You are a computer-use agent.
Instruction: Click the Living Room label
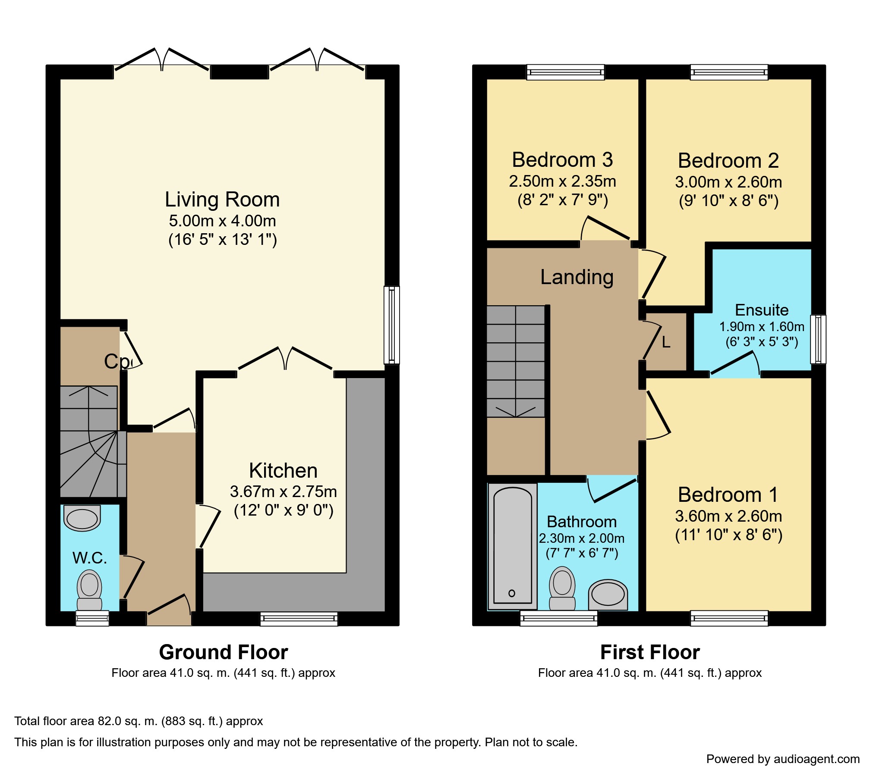pyautogui.click(x=222, y=200)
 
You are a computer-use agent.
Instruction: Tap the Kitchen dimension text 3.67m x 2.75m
pyautogui.click(x=283, y=491)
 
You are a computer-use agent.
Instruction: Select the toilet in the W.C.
pyautogui.click(x=89, y=590)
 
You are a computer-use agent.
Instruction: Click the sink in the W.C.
pyautogui.click(x=82, y=518)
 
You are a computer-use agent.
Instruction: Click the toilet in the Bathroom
pyautogui.click(x=562, y=588)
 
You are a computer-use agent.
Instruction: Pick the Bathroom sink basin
pyautogui.click(x=608, y=595)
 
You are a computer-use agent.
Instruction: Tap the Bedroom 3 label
pyautogui.click(x=562, y=160)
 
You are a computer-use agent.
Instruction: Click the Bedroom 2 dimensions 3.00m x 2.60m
pyautogui.click(x=728, y=182)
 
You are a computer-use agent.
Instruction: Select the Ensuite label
pyautogui.click(x=762, y=310)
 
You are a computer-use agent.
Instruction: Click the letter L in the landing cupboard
pyautogui.click(x=666, y=342)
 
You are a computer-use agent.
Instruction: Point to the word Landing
pyautogui.click(x=577, y=277)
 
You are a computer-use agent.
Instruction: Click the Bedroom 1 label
pyautogui.click(x=728, y=494)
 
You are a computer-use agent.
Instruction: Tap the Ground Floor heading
pyautogui.click(x=224, y=652)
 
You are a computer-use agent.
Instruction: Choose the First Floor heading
pyautogui.click(x=650, y=652)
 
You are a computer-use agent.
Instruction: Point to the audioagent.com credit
pyautogui.click(x=783, y=759)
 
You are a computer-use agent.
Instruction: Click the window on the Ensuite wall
pyautogui.click(x=818, y=339)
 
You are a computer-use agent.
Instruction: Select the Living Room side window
pyautogui.click(x=392, y=325)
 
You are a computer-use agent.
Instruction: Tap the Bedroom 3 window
pyautogui.click(x=566, y=72)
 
